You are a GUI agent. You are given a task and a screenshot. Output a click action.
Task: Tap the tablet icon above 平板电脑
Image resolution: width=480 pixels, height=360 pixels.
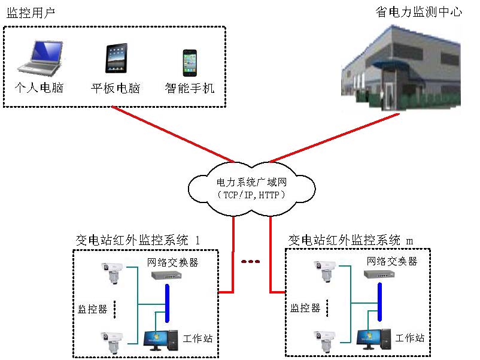tap(115, 59)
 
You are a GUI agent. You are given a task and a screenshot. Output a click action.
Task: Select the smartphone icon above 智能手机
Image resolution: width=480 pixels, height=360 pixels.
tap(190, 61)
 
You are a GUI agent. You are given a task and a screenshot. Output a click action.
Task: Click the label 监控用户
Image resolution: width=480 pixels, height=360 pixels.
tap(31, 13)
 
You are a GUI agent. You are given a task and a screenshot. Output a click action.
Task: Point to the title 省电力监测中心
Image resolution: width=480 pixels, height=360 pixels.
tap(418, 11)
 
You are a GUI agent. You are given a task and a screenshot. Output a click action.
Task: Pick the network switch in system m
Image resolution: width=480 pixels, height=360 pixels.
tap(379, 275)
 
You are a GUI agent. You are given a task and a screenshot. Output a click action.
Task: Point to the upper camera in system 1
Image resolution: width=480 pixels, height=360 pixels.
tap(112, 273)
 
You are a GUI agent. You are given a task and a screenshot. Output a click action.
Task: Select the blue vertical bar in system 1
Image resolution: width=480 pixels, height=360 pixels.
tap(167, 305)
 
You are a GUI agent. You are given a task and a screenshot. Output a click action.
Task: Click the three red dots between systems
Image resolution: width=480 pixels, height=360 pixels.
tap(250, 261)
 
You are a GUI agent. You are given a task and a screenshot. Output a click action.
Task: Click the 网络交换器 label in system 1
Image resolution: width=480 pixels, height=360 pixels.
tap(173, 262)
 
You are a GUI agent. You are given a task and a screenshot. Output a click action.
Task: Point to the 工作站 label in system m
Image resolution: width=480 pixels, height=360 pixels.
tap(410, 338)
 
